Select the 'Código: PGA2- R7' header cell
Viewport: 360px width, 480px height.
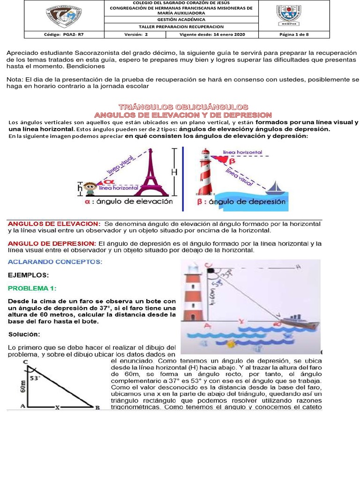click(x=58, y=35)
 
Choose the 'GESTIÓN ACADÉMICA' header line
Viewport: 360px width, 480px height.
click(x=181, y=20)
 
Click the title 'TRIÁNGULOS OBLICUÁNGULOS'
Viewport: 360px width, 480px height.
click(x=183, y=107)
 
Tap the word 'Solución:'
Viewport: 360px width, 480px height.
click(x=23, y=334)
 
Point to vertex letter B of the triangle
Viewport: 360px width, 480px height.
click(x=97, y=408)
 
